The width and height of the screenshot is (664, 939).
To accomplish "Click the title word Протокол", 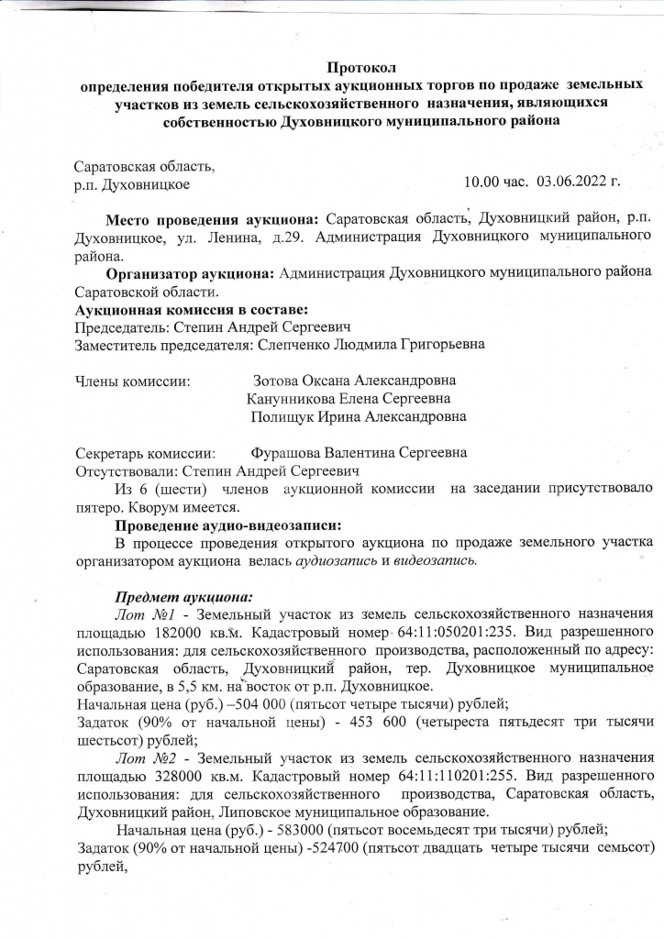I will pos(359,68).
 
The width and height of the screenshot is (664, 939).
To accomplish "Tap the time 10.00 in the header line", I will pos(484,182).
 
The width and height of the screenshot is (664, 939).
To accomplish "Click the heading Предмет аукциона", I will pos(175,593).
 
